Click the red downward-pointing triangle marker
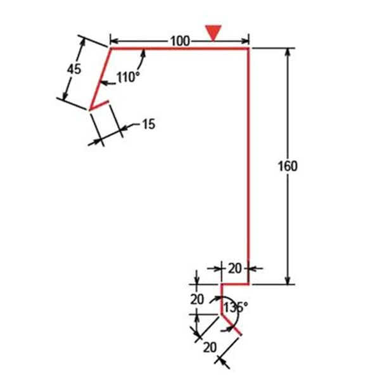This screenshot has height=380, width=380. (x=213, y=32)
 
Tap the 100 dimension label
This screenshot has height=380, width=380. (x=180, y=41)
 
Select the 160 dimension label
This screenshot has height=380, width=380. (x=288, y=166)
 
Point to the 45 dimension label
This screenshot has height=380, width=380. (x=74, y=70)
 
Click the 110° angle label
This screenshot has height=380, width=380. (x=128, y=77)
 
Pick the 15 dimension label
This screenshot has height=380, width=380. (x=148, y=124)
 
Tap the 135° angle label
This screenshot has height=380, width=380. (x=236, y=307)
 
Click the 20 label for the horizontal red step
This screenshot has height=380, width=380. (x=235, y=269)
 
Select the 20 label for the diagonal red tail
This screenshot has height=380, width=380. (x=210, y=347)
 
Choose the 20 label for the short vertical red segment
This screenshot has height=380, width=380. (x=197, y=300)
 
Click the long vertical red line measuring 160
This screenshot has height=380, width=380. (x=248, y=166)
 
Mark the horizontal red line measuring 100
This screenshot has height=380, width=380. (x=180, y=49)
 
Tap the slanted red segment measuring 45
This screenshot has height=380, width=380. (x=101, y=79)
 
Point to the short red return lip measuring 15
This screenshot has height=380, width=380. (x=99, y=105)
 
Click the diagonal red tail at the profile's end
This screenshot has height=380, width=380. (x=231, y=325)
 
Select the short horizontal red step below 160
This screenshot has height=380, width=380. (x=234, y=284)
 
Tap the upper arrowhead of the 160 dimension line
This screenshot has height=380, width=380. (x=288, y=53)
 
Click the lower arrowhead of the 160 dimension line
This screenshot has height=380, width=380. (x=288, y=280)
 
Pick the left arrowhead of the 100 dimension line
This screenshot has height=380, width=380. (x=115, y=41)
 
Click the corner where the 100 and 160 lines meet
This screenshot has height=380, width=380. (x=248, y=49)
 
